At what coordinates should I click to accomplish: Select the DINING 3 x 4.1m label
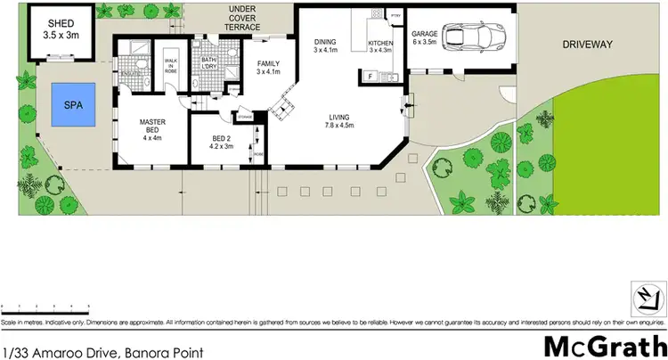coord(323,45)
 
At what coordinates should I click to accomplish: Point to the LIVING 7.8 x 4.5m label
coord(338,121)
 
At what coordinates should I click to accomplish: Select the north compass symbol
coord(648,296)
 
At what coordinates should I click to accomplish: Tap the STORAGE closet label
coord(245,117)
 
